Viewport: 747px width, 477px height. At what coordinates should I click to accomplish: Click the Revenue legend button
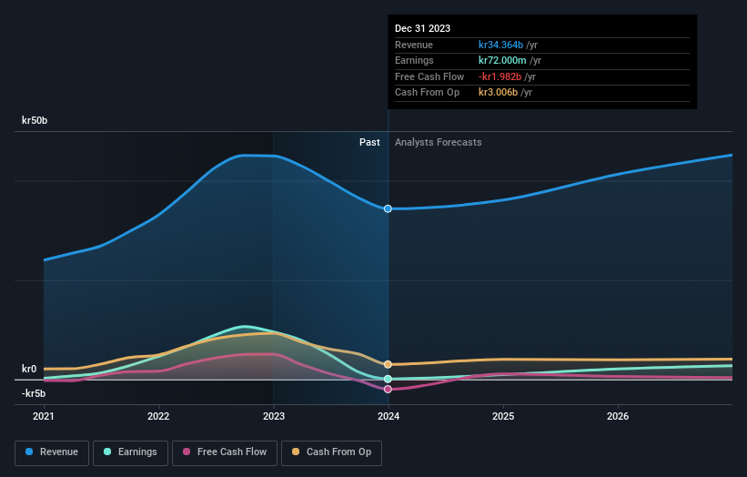click(x=52, y=452)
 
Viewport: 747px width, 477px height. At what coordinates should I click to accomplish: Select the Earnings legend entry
click(x=130, y=452)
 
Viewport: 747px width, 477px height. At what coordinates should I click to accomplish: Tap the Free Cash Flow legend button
click(x=224, y=452)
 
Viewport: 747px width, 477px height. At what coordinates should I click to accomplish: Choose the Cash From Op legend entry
click(x=332, y=452)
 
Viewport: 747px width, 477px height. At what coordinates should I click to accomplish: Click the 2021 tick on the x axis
click(x=44, y=416)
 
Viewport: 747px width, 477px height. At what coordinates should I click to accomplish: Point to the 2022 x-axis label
click(x=158, y=416)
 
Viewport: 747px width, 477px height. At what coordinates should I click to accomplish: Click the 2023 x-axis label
click(x=273, y=416)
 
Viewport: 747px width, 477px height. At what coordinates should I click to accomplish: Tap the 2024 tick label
click(x=389, y=416)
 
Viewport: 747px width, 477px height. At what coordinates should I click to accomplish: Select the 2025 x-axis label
click(x=503, y=416)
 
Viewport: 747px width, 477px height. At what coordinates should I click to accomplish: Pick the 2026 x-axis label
click(x=618, y=416)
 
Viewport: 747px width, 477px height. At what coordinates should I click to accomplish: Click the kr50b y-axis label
click(x=35, y=120)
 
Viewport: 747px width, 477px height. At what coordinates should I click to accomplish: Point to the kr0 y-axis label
click(x=29, y=369)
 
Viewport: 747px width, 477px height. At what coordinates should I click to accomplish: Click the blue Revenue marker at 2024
click(x=389, y=208)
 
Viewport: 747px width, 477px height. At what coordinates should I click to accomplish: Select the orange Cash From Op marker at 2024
click(x=389, y=364)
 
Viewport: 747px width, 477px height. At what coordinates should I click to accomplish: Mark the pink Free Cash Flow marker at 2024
click(x=389, y=389)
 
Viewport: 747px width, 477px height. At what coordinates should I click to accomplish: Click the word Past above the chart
click(x=369, y=142)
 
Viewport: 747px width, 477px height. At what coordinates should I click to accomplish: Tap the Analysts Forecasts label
click(x=438, y=142)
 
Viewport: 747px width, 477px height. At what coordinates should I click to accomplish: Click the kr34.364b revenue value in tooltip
click(x=501, y=45)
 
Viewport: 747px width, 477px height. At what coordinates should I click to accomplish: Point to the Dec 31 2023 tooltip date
click(x=422, y=29)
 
